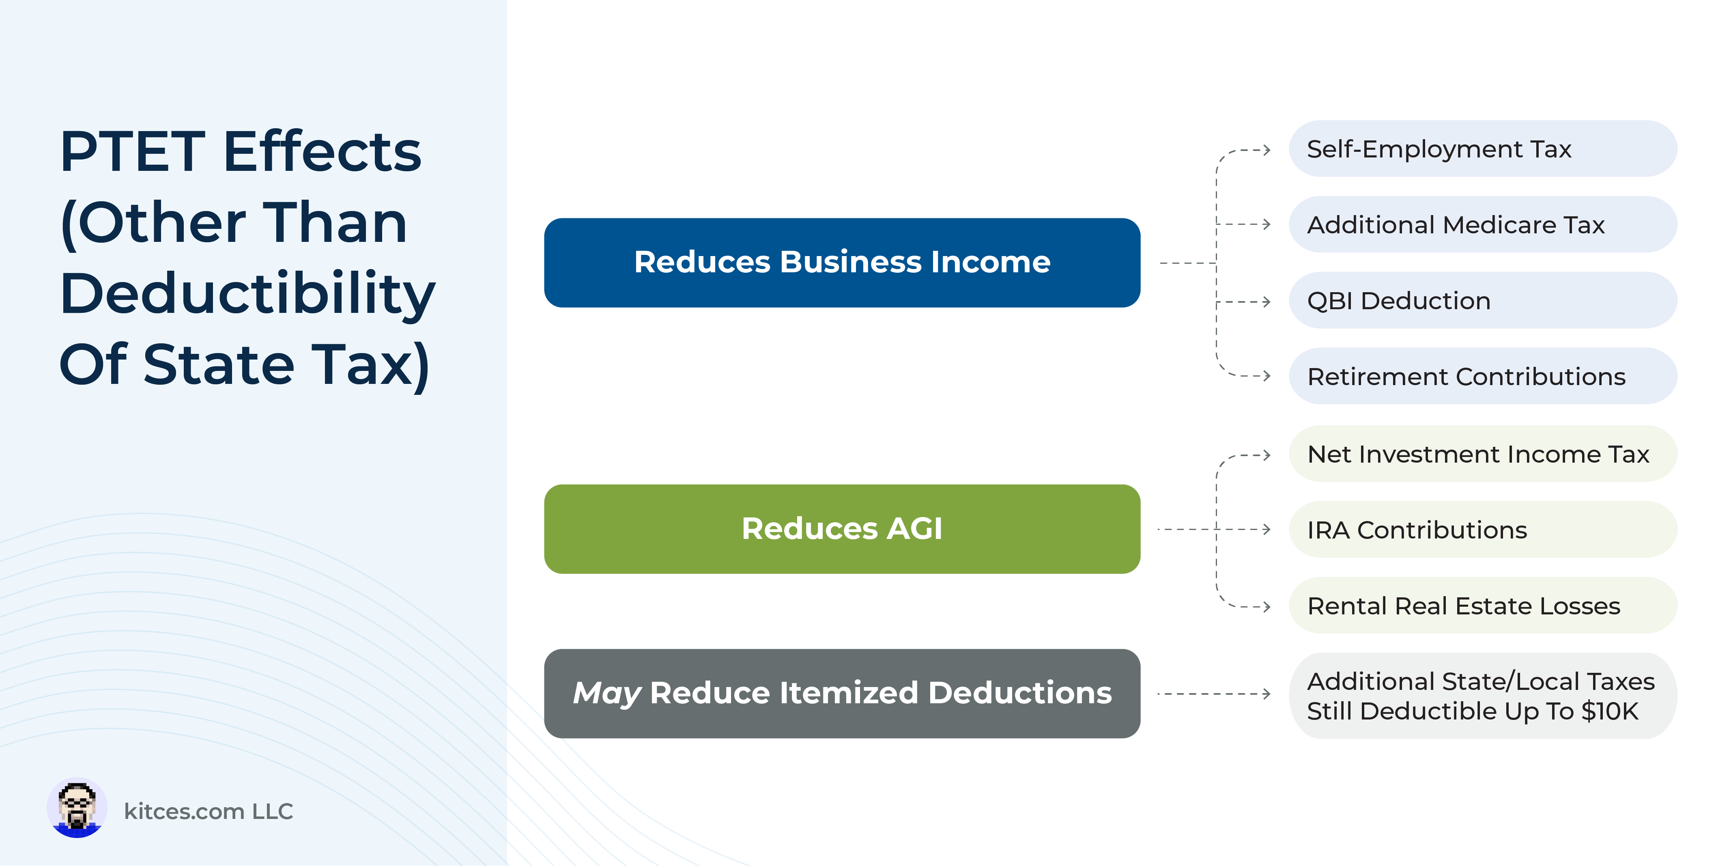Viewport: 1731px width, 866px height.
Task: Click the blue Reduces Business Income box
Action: (842, 263)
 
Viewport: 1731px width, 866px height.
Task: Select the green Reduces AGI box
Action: (842, 529)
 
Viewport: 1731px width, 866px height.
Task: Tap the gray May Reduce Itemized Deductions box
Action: (842, 693)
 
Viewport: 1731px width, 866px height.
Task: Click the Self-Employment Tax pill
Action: (1482, 149)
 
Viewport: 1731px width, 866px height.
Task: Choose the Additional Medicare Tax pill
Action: (1482, 224)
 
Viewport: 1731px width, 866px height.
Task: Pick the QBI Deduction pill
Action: (1482, 301)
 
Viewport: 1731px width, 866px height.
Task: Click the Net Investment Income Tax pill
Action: (1482, 454)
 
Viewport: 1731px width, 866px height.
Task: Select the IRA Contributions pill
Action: (1482, 530)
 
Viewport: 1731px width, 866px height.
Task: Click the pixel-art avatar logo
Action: (77, 808)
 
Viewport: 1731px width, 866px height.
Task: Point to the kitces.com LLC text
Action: (208, 812)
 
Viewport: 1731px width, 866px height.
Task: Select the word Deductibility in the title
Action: (248, 295)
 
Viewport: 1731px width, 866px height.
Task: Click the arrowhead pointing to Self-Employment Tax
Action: (1267, 149)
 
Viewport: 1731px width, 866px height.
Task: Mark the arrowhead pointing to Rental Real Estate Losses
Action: (1267, 606)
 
